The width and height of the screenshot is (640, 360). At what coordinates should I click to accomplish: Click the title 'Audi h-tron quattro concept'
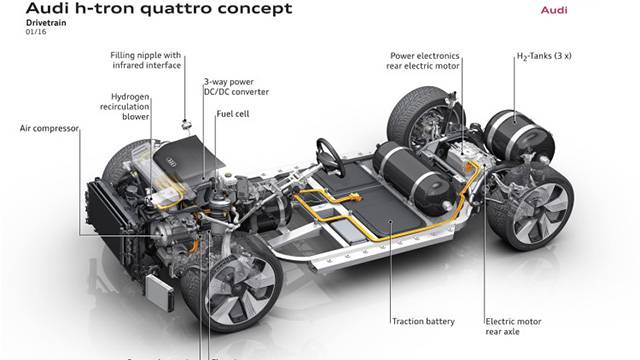click(151, 10)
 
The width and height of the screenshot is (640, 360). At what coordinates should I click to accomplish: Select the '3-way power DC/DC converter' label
click(236, 88)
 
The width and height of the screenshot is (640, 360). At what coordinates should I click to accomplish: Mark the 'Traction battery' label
click(423, 321)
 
